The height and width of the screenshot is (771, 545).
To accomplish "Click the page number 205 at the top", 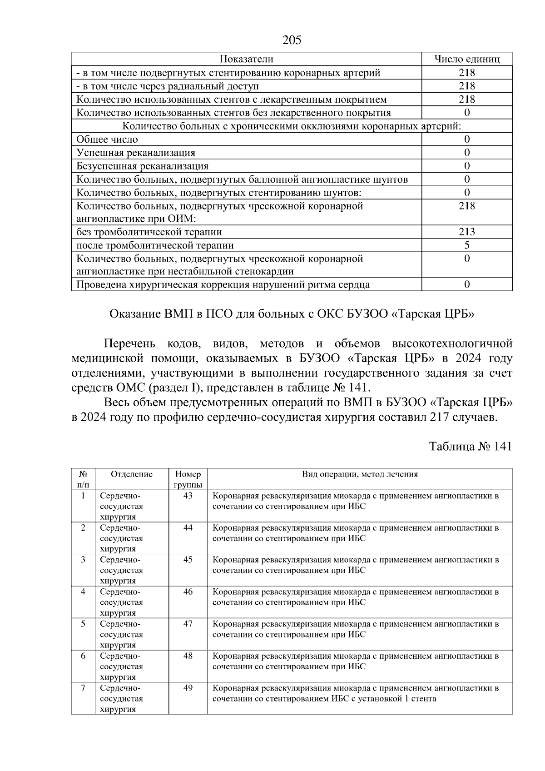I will coord(292,40).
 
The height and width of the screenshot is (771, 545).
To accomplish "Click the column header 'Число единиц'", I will coord(467,59).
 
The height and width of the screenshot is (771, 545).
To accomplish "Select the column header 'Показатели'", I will coord(246,59).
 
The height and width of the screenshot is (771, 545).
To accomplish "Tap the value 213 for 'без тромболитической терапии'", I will coord(467,232).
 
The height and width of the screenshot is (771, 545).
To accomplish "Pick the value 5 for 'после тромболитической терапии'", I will coord(467,245).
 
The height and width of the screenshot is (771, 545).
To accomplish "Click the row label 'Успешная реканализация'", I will coord(136,153).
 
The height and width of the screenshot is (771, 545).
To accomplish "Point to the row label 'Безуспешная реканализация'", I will coord(143,166).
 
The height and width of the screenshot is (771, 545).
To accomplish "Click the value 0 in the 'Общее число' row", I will coord(467,139).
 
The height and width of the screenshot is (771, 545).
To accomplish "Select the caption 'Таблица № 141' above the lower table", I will coord(471,446).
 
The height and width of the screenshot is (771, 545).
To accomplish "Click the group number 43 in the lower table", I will coord(188,496).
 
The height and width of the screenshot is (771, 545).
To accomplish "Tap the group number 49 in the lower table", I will coord(188,688).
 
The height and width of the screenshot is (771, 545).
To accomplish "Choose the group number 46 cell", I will coord(188,592).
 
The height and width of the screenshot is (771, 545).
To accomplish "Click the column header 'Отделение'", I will coord(132,474).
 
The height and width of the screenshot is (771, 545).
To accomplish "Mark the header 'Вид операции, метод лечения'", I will coord(360,474).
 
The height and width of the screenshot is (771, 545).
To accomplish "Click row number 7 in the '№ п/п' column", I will coord(83,688).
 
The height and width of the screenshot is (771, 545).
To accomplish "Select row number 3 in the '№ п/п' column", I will coord(83,560).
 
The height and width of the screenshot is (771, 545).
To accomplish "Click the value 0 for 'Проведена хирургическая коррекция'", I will coord(467,285).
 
